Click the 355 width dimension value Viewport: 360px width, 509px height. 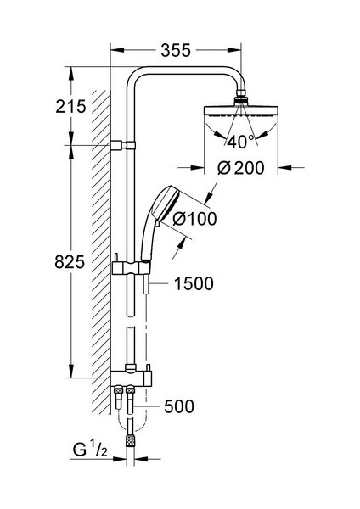(x=176, y=51)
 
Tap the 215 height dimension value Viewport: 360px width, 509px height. (x=70, y=107)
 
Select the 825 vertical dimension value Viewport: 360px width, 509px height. (x=70, y=262)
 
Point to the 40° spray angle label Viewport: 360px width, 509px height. (x=241, y=142)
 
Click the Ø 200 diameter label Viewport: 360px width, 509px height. (x=240, y=168)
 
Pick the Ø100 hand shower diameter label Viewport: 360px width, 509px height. (x=195, y=219)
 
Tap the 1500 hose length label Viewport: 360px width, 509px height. (x=194, y=283)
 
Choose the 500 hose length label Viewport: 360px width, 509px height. (x=179, y=406)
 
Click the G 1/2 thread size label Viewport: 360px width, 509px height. (x=90, y=450)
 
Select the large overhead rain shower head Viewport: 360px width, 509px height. (x=241, y=110)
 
